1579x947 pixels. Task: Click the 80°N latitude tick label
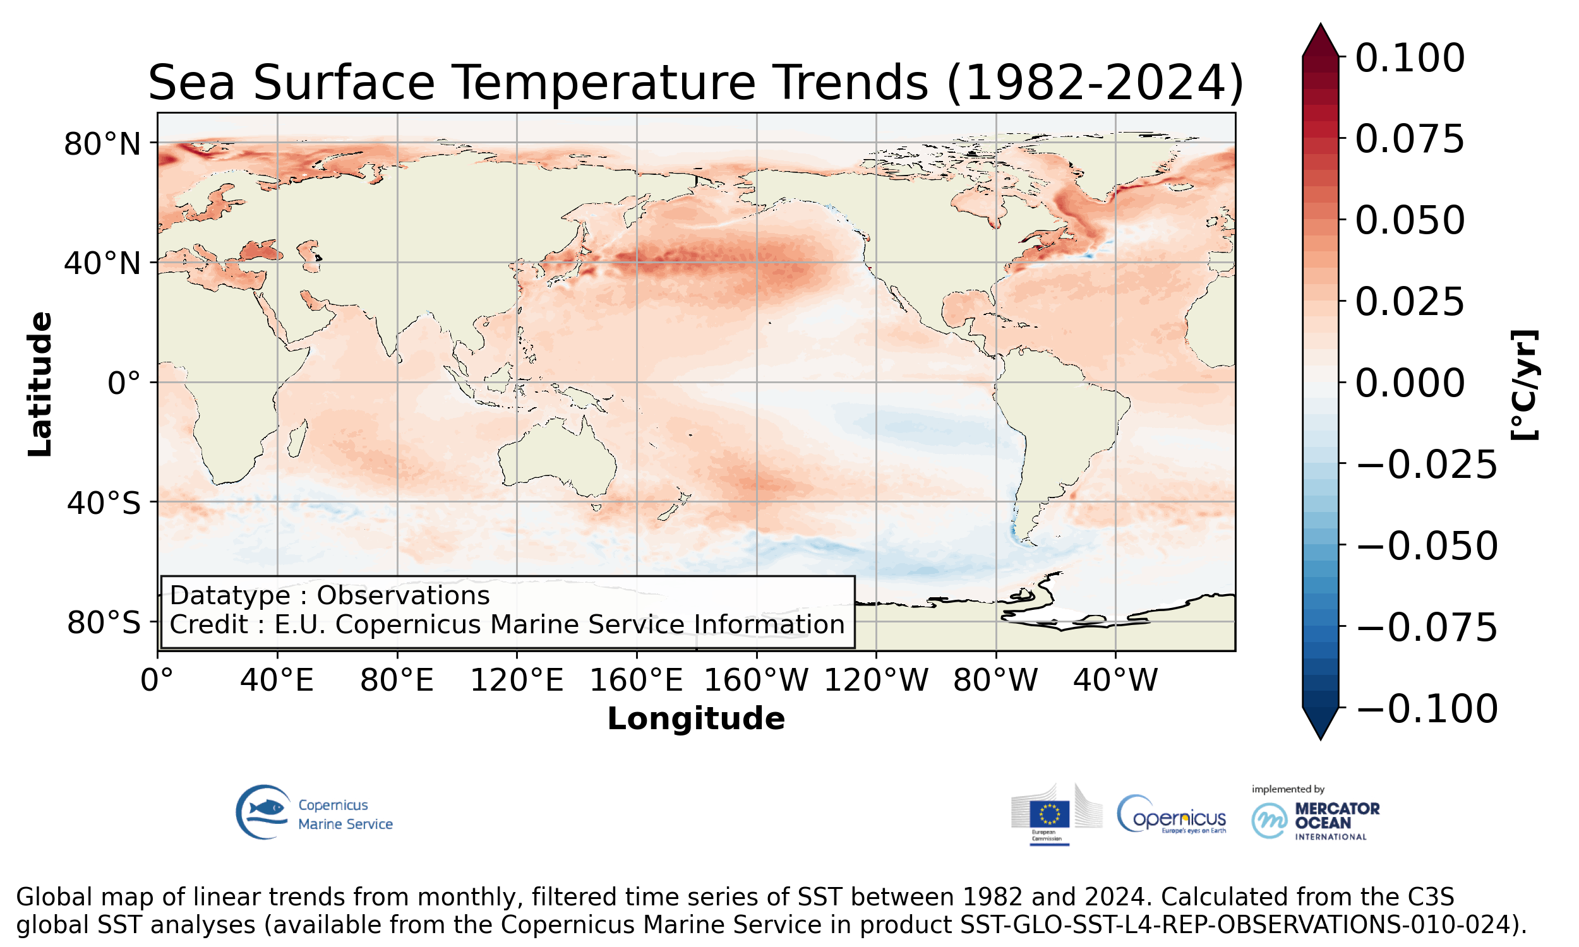tap(102, 144)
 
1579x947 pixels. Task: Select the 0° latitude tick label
tap(124, 383)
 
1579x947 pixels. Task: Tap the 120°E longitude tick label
tap(517, 679)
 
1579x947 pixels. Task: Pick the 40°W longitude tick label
tap(1115, 679)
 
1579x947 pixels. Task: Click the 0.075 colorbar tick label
tap(1409, 138)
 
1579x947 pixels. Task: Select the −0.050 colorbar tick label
tap(1426, 545)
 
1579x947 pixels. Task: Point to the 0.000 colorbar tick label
tap(1409, 383)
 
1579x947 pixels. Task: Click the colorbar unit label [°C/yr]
tap(1525, 385)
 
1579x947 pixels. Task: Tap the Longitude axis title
tap(695, 718)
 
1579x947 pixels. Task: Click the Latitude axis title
tap(40, 384)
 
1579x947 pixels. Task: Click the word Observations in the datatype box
tap(403, 595)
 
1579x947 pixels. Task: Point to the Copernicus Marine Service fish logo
tap(263, 812)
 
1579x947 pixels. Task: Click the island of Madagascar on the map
tap(297, 439)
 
